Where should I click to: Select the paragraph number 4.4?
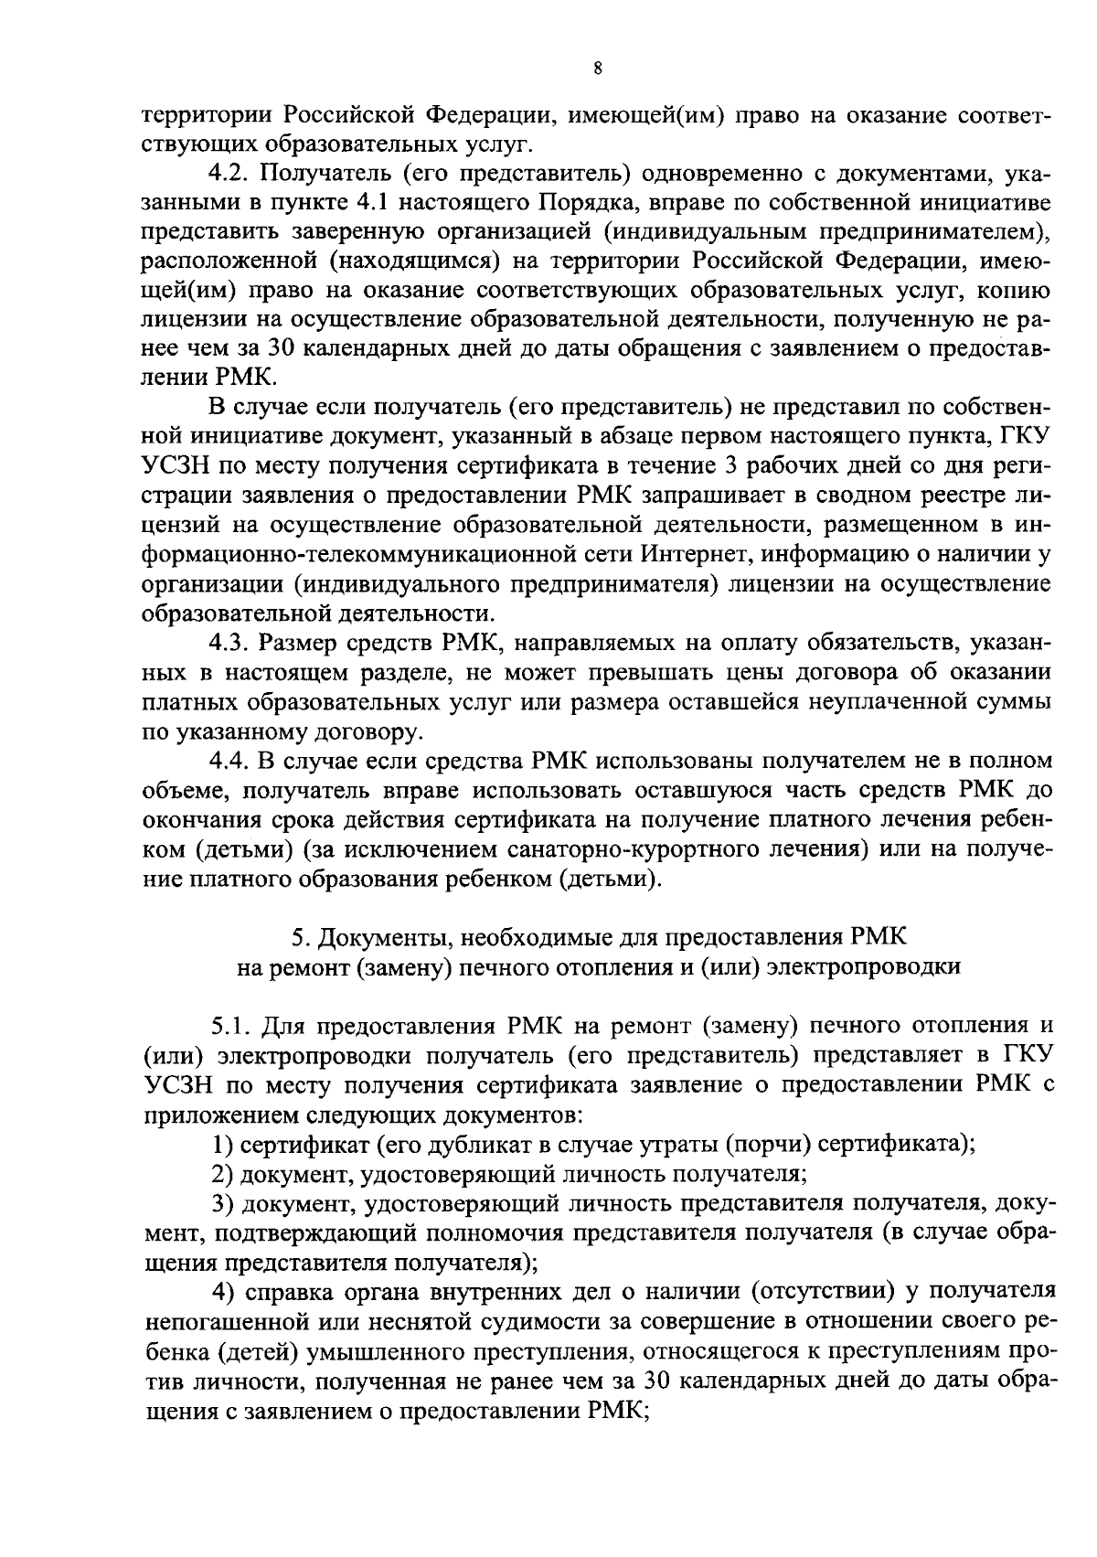pyautogui.click(x=229, y=762)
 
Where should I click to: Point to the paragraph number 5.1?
pyautogui.click(x=229, y=1027)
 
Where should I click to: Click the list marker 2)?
pyautogui.click(x=222, y=1174)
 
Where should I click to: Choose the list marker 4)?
pyautogui.click(x=222, y=1292)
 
